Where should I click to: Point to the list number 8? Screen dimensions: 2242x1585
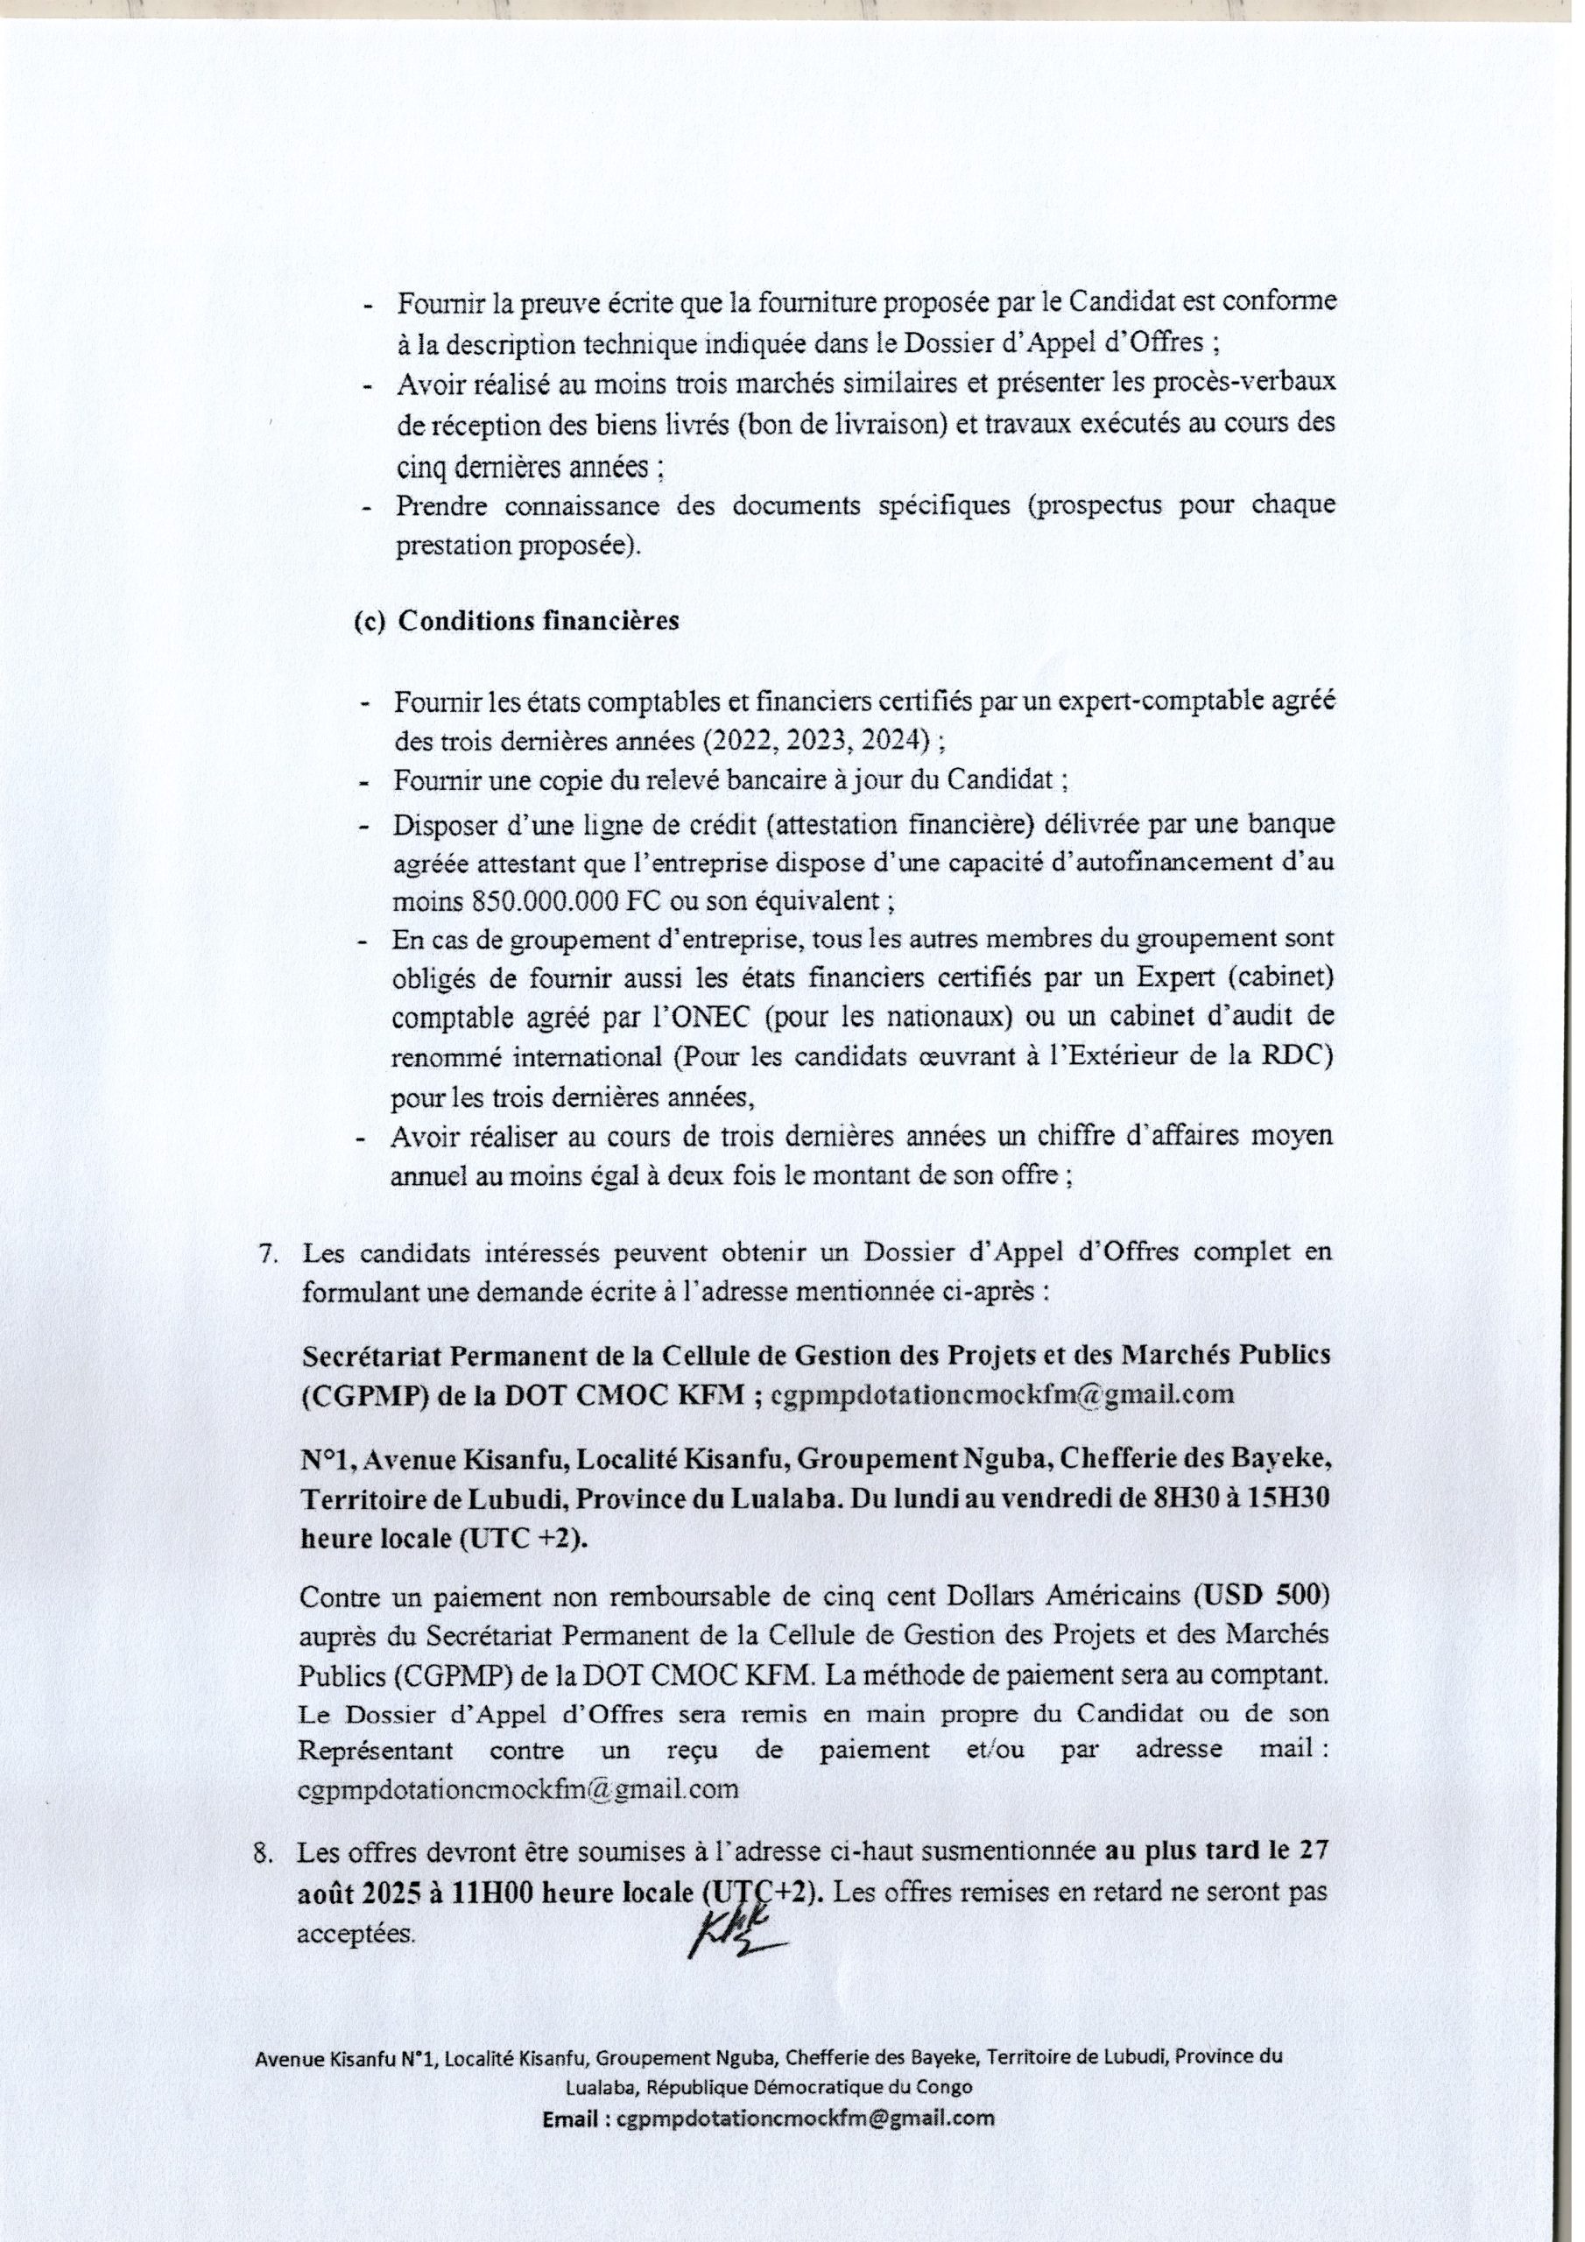point(264,1852)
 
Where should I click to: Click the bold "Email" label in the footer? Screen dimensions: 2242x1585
point(577,2110)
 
